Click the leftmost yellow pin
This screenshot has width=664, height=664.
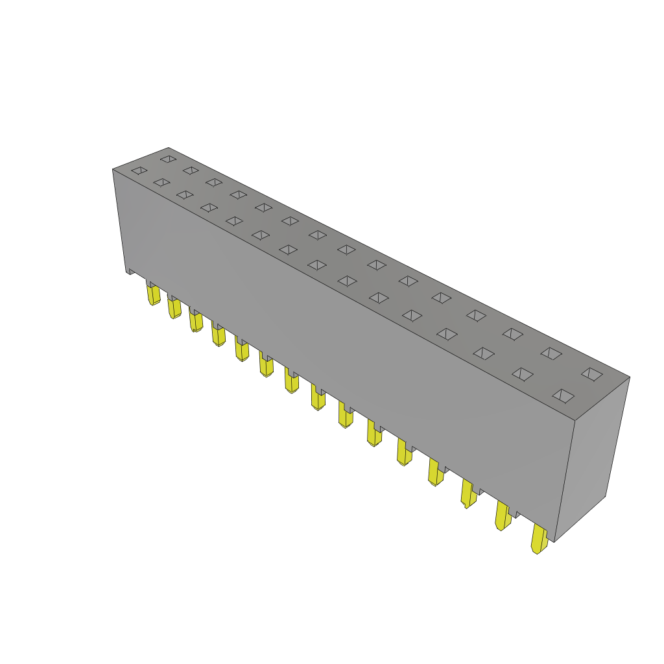tap(153, 295)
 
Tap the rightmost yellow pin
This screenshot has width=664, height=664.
tap(539, 539)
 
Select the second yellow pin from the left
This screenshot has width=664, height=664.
tap(174, 307)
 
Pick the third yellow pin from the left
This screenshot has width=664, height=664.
tap(195, 322)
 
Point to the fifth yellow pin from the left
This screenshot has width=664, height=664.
tap(241, 350)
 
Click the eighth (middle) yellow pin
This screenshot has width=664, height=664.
tap(318, 397)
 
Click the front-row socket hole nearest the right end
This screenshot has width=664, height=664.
tap(563, 396)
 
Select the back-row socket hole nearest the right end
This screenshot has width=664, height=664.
tap(592, 374)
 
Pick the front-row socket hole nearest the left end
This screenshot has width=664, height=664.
tap(139, 171)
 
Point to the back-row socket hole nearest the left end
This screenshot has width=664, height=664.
tap(168, 159)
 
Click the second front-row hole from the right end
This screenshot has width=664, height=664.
tap(522, 374)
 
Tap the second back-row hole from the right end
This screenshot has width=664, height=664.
tap(551, 353)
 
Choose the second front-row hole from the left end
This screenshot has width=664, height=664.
tap(161, 182)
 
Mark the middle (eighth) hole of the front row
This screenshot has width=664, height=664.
tap(317, 265)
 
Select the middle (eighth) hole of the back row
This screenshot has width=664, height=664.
tap(346, 250)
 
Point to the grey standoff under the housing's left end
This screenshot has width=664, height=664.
tap(131, 272)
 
